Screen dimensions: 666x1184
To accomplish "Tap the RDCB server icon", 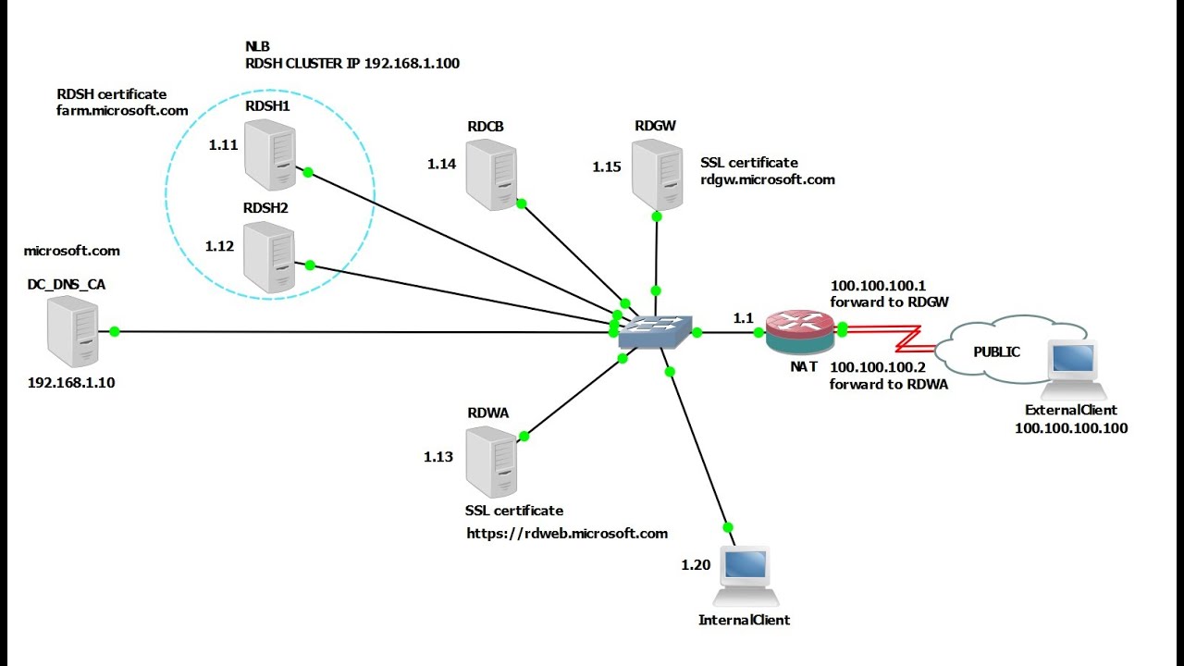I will click(490, 174).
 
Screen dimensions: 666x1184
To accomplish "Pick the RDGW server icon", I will click(656, 174).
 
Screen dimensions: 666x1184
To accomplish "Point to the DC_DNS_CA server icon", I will click(72, 334).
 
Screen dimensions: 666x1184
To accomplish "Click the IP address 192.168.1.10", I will click(71, 382).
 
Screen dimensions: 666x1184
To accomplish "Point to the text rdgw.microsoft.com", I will click(768, 179).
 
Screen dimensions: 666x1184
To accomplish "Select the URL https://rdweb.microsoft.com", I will click(567, 533).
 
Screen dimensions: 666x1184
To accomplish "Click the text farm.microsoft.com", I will click(122, 110).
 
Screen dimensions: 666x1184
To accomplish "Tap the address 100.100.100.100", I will click(1071, 428).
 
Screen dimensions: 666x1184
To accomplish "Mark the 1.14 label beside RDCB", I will click(441, 164).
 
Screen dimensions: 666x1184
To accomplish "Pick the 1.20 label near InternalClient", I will click(696, 564).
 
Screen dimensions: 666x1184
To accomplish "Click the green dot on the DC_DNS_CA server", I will click(115, 331).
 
